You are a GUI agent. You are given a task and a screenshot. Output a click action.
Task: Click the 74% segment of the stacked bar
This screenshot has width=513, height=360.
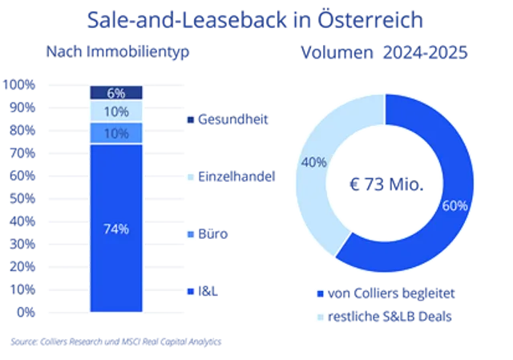(x=116, y=229)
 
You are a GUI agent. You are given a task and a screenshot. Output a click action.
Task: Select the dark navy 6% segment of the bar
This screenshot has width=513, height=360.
(x=116, y=92)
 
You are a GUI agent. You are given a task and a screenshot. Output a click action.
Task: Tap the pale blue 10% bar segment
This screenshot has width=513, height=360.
(x=116, y=111)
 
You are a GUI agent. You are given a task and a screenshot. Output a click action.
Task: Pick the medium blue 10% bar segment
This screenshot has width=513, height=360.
(x=116, y=133)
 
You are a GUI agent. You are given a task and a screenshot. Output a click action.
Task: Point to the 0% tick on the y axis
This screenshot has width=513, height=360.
(x=25, y=310)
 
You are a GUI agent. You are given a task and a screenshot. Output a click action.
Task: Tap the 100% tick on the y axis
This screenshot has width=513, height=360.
(x=20, y=84)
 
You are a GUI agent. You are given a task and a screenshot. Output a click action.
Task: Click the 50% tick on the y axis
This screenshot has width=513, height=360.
(x=20, y=197)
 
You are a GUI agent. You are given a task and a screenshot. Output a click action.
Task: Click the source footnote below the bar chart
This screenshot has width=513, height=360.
(x=115, y=341)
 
